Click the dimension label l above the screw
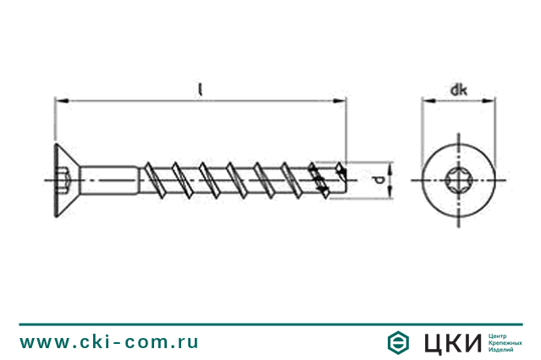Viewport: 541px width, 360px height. point(201,87)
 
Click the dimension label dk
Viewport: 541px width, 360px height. point(458,89)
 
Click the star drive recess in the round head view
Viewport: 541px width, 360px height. point(458,180)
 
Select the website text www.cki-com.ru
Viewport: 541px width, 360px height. point(109,342)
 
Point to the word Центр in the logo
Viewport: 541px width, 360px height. point(500,334)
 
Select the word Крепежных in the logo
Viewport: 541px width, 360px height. point(506,342)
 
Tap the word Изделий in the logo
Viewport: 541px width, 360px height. point(503,351)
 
